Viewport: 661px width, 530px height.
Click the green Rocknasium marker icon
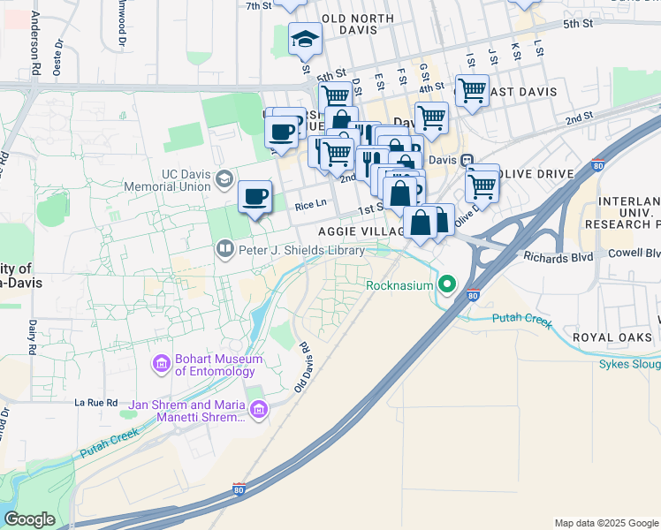(448, 285)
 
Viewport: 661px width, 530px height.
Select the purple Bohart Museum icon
(161, 363)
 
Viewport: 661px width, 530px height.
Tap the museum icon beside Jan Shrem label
(258, 409)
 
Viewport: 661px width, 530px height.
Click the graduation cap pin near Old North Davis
(305, 39)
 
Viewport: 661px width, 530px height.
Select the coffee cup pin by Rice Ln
(255, 195)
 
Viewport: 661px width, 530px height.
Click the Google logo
(30, 519)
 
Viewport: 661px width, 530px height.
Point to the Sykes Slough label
(629, 363)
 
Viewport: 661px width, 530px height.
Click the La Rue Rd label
(96, 402)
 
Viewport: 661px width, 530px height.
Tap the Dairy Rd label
(32, 337)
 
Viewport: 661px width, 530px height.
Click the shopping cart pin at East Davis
(472, 89)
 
